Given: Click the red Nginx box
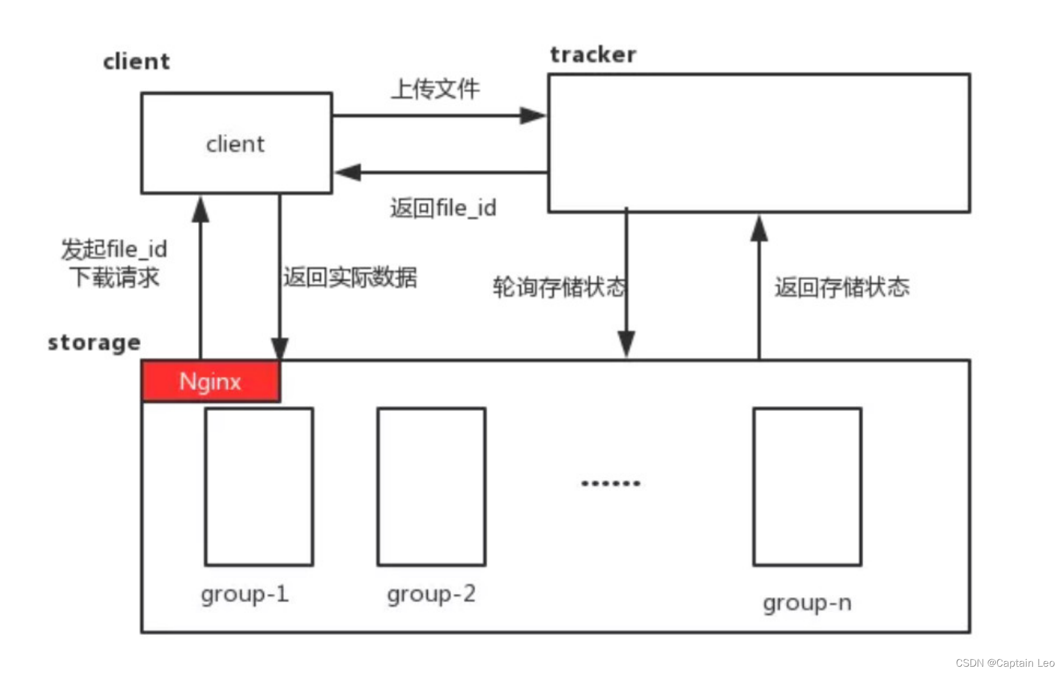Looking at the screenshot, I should point(210,381).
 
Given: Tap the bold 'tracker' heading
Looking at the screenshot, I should point(593,55).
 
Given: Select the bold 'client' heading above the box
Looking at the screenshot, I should point(136,62).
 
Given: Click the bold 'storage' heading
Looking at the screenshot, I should point(94,343).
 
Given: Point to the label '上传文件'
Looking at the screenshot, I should point(436,89).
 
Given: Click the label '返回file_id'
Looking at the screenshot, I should point(443,208).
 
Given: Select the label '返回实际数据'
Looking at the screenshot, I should point(350,277).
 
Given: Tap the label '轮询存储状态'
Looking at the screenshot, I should point(559,287).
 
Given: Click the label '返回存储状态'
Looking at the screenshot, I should point(842,287).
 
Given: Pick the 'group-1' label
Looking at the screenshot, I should point(245,594).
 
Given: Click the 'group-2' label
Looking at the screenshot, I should point(431,594).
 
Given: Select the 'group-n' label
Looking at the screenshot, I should point(807,603).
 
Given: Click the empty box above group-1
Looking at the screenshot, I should point(259,486).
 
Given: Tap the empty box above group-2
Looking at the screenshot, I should point(431,486).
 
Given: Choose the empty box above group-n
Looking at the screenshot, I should point(807,486).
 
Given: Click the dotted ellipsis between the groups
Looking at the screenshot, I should point(611,483).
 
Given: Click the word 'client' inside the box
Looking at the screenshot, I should point(235,145).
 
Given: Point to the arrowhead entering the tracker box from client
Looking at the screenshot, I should point(532,116).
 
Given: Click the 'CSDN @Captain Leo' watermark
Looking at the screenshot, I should point(1005,663).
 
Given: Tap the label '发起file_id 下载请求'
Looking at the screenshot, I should point(114,263).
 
